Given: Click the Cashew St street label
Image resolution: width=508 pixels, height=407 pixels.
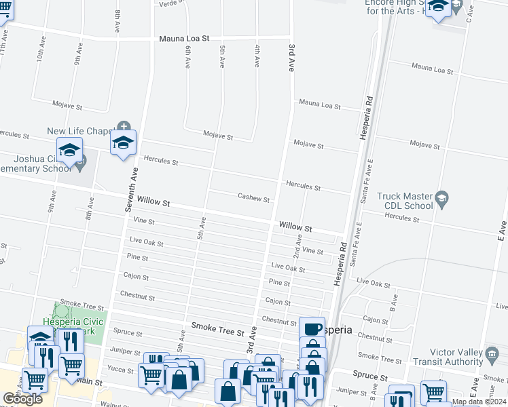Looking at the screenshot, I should click(x=254, y=199).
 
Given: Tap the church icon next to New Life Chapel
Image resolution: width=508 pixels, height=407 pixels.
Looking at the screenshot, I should click(x=123, y=126).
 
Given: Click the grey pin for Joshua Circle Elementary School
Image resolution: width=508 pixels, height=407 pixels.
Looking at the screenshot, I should click(x=81, y=163).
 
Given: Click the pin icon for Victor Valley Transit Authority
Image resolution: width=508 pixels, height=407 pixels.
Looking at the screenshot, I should click(x=490, y=353).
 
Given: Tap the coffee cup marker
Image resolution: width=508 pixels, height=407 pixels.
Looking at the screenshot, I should click(x=312, y=329).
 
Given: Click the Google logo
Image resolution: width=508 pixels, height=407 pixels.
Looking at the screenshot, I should click(x=22, y=399).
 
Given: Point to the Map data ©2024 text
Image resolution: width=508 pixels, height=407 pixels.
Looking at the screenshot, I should click(x=478, y=402).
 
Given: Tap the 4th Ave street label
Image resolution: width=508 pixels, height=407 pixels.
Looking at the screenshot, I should click(x=257, y=56).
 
